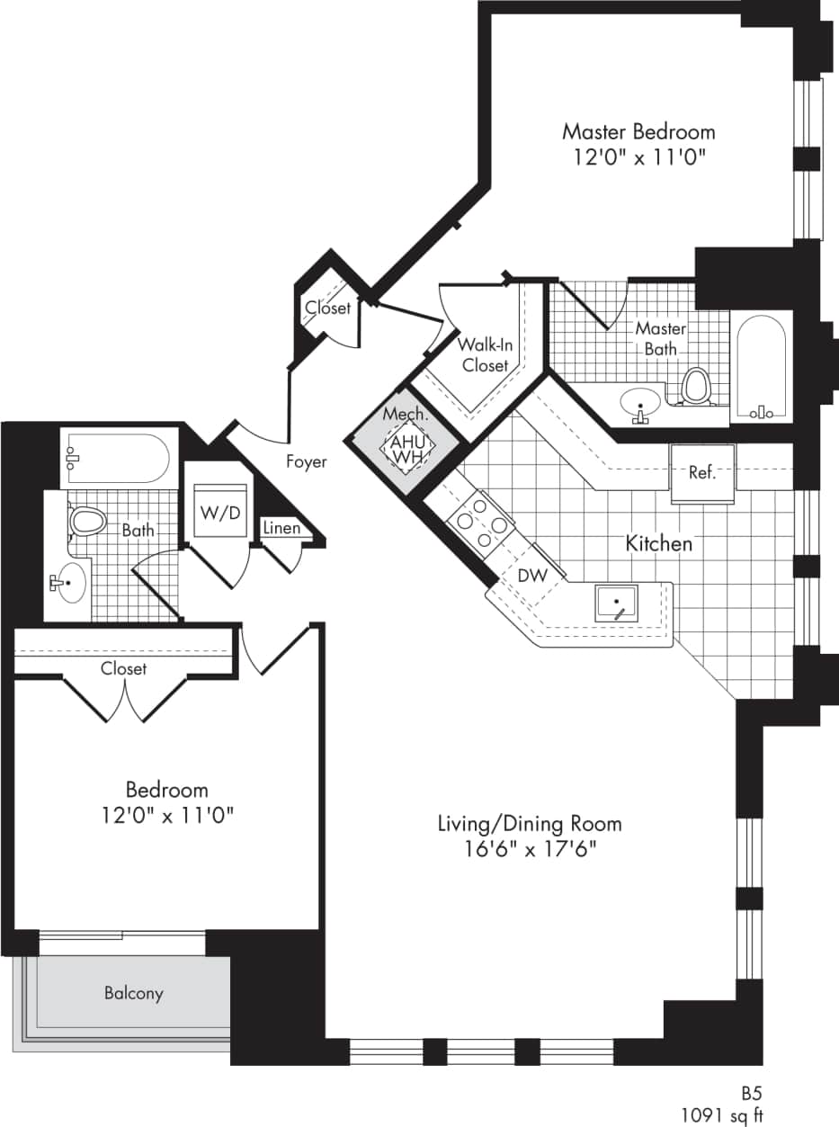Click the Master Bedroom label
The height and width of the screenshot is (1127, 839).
638,131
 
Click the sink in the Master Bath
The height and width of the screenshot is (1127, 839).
640,402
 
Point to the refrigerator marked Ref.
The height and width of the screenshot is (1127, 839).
702,472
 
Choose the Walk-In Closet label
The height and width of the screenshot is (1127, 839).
485,355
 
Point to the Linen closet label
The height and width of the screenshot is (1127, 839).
282,528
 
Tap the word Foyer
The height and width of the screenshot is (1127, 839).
306,462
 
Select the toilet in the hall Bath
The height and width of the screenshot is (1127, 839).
88,521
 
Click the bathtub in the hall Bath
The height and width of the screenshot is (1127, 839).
115,458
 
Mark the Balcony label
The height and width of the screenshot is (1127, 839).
134,993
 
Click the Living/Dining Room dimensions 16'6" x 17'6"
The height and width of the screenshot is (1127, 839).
529,848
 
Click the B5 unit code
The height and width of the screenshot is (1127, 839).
751,1093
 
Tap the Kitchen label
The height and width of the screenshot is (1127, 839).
659,543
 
